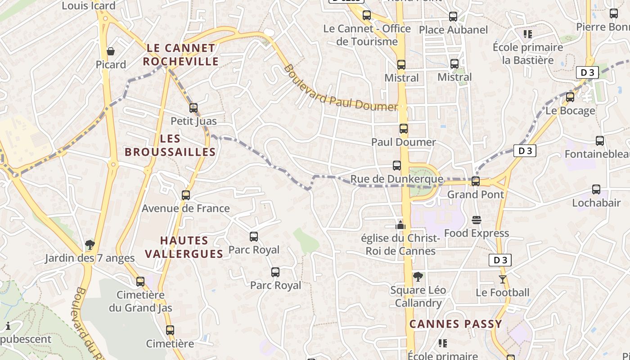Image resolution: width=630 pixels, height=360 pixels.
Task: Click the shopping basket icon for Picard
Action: click(x=110, y=51)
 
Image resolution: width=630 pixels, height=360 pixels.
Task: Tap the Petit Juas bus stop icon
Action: click(x=193, y=108)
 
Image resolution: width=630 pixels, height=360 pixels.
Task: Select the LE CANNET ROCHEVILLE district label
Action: click(x=181, y=54)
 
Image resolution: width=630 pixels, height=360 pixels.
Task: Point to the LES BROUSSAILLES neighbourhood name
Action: click(x=170, y=145)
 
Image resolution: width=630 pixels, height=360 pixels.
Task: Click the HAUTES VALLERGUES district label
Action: click(x=184, y=247)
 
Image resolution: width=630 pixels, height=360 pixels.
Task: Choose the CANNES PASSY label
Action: click(x=455, y=324)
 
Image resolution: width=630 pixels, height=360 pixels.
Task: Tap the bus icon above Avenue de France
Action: click(x=186, y=195)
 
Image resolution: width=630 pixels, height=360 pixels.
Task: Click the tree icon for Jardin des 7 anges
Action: click(x=90, y=245)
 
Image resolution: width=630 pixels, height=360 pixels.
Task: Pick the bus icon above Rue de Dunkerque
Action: click(x=397, y=166)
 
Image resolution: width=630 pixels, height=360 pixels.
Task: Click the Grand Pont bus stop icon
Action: click(x=476, y=181)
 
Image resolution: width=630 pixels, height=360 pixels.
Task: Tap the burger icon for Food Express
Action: click(x=477, y=220)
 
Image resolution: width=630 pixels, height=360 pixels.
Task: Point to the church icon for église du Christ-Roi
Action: click(x=400, y=225)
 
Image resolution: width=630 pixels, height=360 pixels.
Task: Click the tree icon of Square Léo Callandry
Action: click(x=418, y=277)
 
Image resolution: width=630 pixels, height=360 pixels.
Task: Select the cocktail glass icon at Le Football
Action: click(x=503, y=279)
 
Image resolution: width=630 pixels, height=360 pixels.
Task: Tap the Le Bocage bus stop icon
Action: click(x=570, y=97)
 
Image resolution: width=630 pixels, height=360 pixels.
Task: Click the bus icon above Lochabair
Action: click(x=596, y=189)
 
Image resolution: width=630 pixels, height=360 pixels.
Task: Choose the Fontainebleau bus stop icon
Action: click(x=600, y=141)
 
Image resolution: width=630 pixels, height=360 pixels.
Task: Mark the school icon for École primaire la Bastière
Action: click(x=528, y=34)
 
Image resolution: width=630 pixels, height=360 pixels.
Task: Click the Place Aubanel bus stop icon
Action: click(x=453, y=17)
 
